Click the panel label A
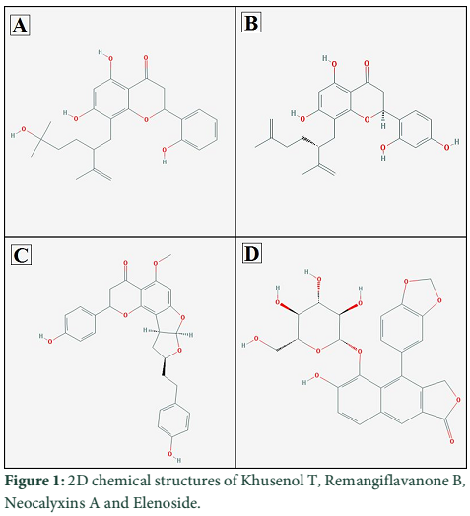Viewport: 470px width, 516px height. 20,25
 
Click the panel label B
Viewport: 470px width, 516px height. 251,23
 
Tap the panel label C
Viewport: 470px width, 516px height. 21,255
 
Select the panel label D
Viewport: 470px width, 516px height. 252,253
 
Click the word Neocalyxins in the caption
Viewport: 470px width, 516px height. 46,503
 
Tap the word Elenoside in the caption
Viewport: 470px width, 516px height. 167,503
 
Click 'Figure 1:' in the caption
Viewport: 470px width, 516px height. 34,482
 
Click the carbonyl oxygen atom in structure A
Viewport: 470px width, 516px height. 146,58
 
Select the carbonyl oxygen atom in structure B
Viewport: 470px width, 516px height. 367,63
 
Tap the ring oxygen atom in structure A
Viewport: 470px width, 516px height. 146,119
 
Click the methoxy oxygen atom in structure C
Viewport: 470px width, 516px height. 156,263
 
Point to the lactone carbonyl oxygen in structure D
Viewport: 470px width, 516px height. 452,441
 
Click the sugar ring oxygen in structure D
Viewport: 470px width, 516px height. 318,351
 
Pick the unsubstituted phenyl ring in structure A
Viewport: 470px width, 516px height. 199,129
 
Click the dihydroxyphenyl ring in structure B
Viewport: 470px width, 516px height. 415,129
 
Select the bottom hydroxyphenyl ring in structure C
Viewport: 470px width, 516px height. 173,420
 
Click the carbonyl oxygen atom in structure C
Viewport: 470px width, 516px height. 125,263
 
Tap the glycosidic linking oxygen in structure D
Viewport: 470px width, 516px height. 360,352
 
